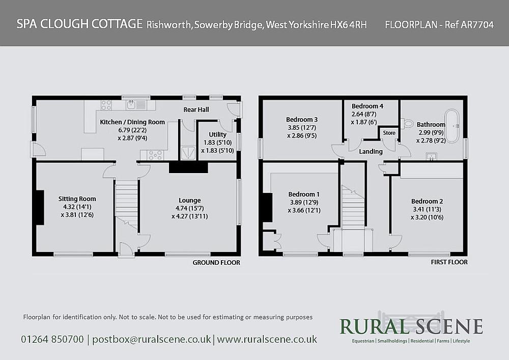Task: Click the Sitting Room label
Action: click(77, 199)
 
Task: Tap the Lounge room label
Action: click(189, 200)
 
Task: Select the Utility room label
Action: click(217, 134)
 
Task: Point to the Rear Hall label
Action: click(196, 109)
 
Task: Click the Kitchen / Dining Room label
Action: click(132, 122)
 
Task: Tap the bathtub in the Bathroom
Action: click(452, 125)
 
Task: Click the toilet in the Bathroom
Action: click(407, 123)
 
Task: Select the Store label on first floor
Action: click(389, 133)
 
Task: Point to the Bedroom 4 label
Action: click(367, 106)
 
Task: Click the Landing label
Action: click(371, 152)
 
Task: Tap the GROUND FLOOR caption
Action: click(216, 263)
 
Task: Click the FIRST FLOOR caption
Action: click(448, 262)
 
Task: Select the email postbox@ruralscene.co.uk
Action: click(152, 339)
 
